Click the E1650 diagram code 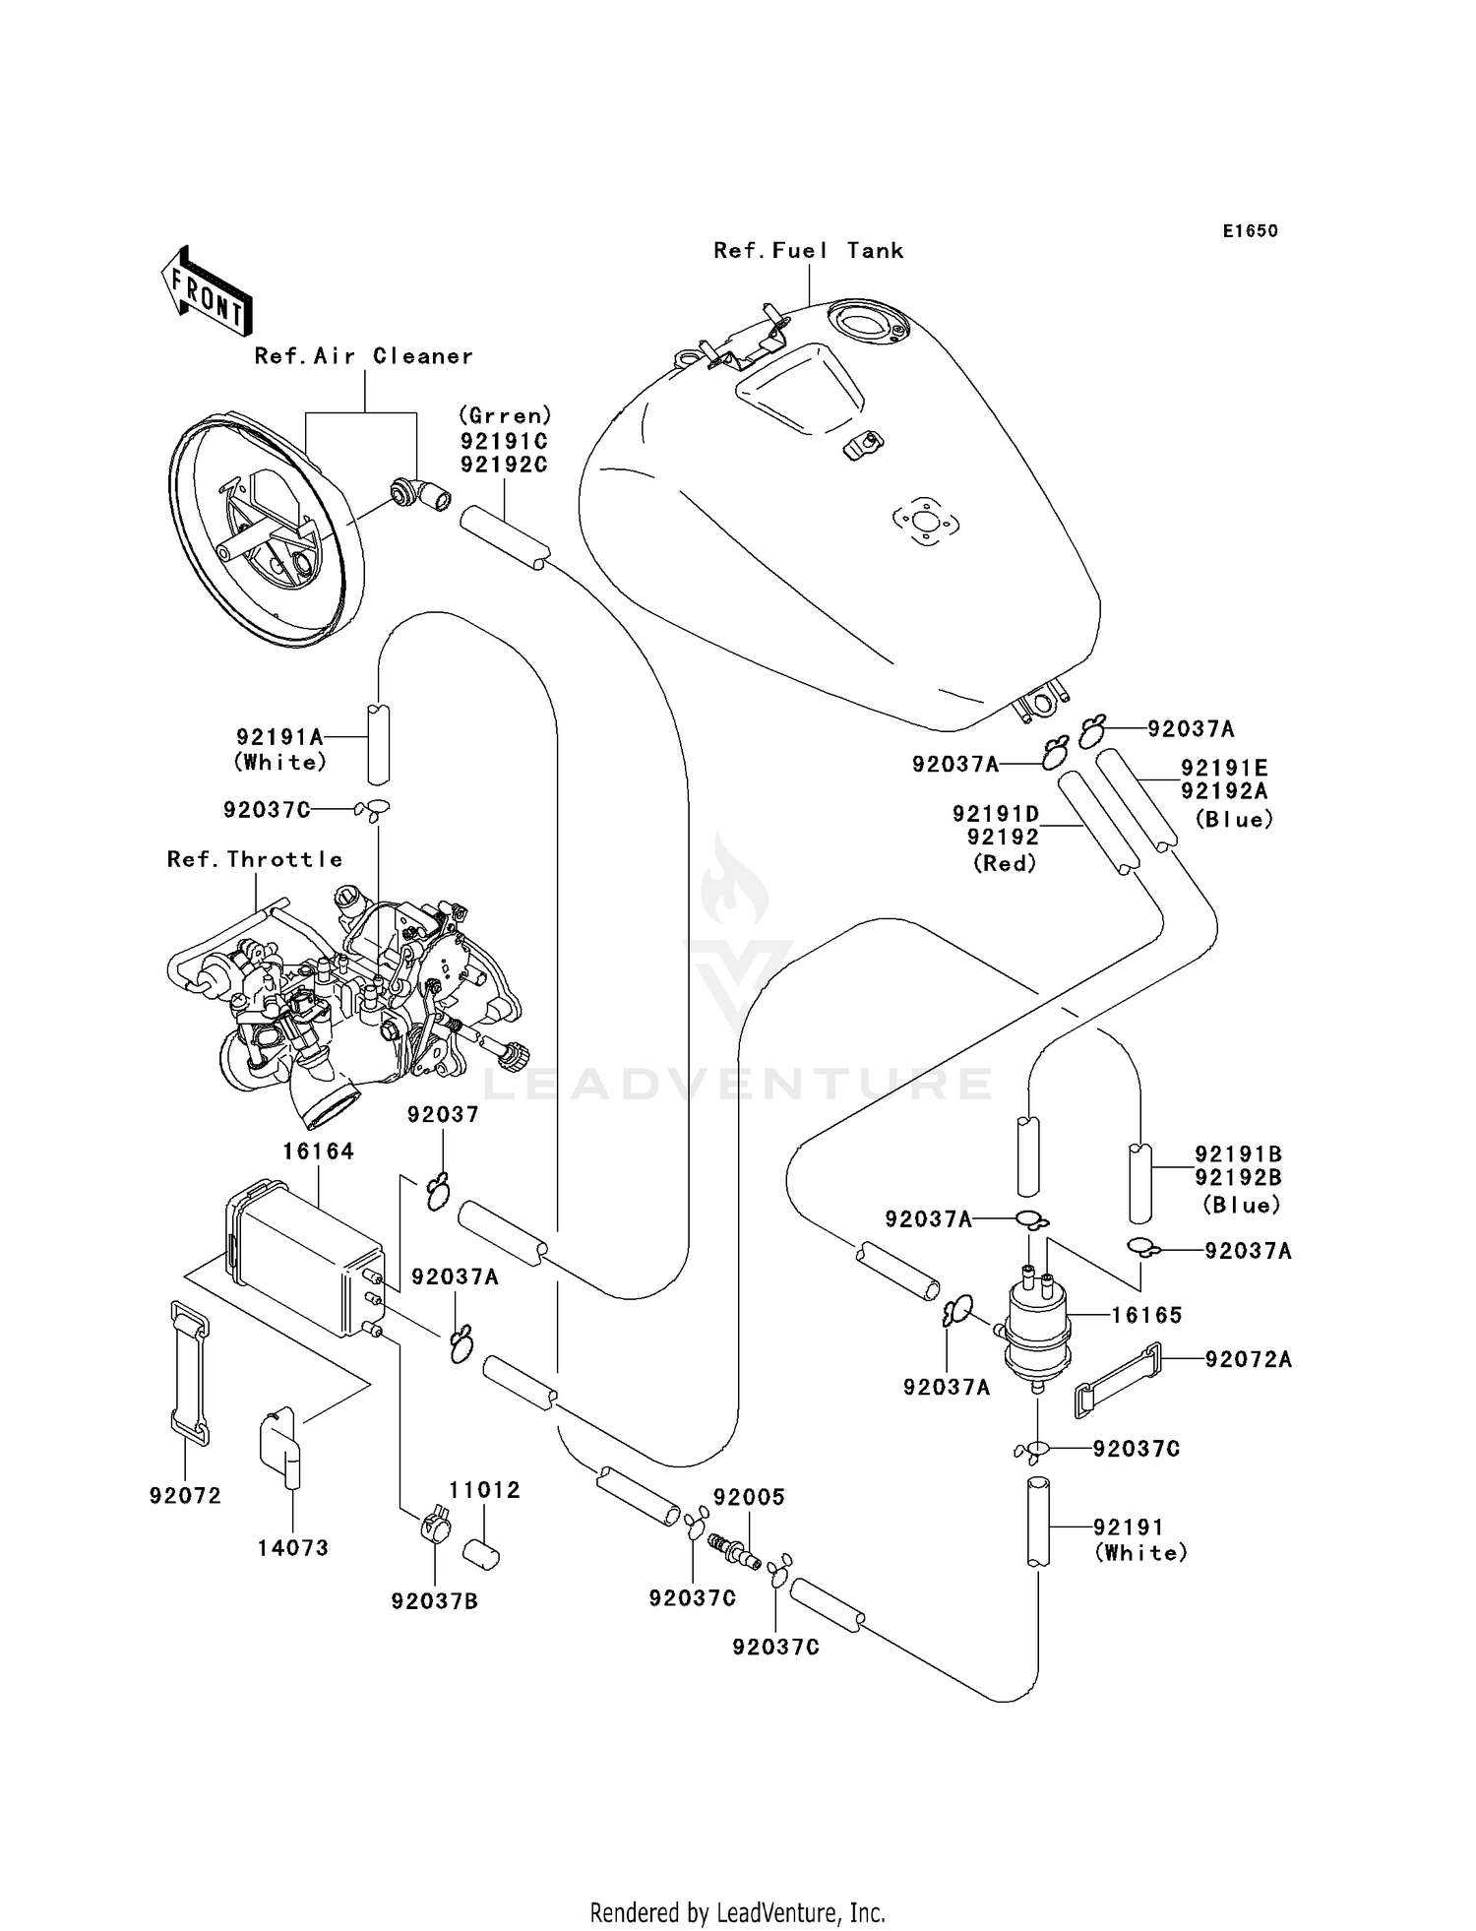[x=1250, y=231]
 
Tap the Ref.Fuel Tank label [x=808, y=251]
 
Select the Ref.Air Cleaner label [x=363, y=356]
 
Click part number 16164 [x=318, y=1151]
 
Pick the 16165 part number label [x=1146, y=1315]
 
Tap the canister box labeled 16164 [x=305, y=1265]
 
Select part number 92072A [x=1249, y=1359]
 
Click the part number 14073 [x=293, y=1547]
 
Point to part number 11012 [x=485, y=1490]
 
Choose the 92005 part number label [x=749, y=1497]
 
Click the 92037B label [x=434, y=1601]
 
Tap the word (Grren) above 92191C [x=505, y=416]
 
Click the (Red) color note [x=1005, y=863]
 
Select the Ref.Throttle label [x=255, y=859]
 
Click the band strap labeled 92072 [x=190, y=1373]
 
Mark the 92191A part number [x=279, y=737]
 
